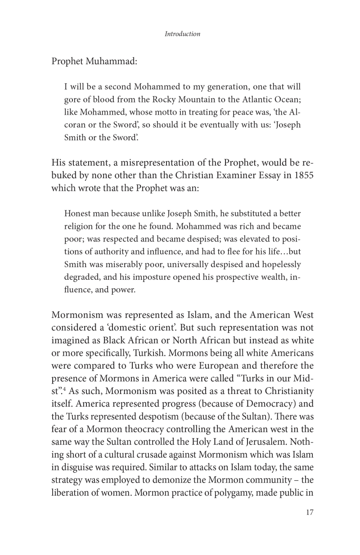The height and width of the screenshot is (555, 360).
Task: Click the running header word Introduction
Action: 182,34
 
